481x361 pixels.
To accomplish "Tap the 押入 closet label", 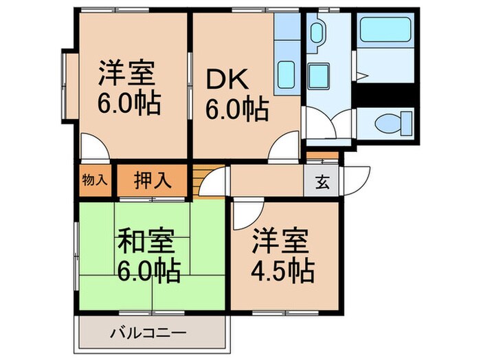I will tap(152, 181).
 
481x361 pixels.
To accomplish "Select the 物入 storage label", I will tap(95, 181).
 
